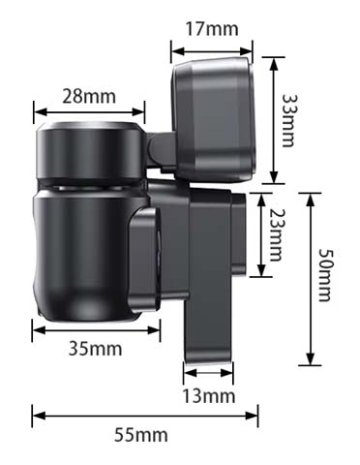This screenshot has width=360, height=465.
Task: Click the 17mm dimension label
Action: pyautogui.click(x=212, y=29)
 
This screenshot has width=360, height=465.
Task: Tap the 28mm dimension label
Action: pyautogui.click(x=89, y=96)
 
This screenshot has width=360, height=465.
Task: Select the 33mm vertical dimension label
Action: pyautogui.click(x=288, y=120)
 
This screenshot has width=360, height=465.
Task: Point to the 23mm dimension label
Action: pyautogui.click(x=275, y=234)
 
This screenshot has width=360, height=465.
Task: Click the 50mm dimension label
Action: pyautogui.click(x=324, y=274)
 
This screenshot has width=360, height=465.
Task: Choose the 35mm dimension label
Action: pyautogui.click(x=96, y=349)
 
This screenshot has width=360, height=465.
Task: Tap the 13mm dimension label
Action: pyautogui.click(x=209, y=396)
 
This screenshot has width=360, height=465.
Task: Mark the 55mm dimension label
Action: pyautogui.click(x=141, y=435)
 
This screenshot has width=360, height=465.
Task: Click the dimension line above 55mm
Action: pyautogui.click(x=145, y=416)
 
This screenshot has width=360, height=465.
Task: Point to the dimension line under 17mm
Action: pyautogui.click(x=212, y=51)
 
